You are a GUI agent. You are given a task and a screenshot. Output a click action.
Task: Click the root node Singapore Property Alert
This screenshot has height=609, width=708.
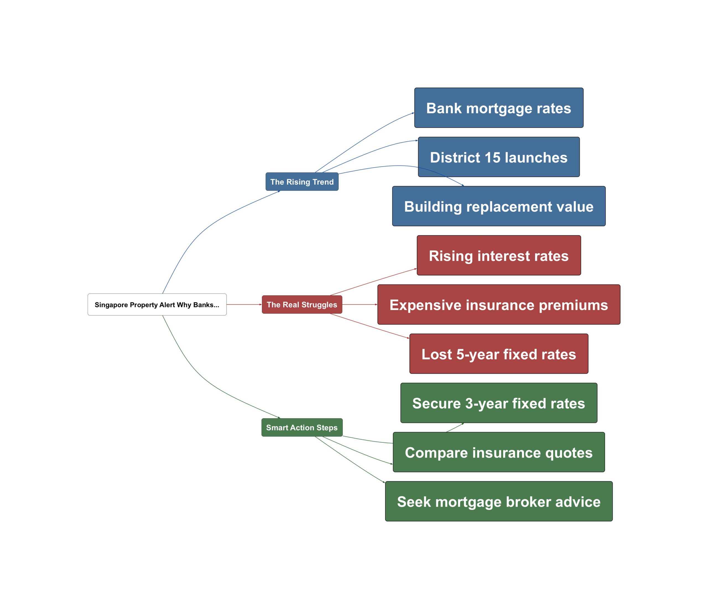[157, 304]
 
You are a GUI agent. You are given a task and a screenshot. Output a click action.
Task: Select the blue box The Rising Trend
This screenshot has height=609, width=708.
[302, 182]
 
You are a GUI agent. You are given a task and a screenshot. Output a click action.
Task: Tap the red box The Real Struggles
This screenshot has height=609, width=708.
[302, 304]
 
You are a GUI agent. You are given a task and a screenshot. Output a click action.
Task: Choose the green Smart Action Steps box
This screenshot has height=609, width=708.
[302, 427]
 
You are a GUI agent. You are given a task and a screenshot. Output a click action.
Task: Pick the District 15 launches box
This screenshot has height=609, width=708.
[499, 157]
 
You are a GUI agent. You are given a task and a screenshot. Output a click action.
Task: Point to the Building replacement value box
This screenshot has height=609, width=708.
[499, 206]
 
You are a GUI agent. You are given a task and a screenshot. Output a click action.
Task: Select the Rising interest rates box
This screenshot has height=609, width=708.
[499, 255]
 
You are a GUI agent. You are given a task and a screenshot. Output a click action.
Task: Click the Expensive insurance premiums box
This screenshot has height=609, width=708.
[499, 305]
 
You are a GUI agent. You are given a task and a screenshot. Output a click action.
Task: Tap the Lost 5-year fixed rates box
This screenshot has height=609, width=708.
[499, 354]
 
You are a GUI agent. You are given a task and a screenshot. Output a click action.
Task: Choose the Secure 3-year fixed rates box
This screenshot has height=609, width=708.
[499, 403]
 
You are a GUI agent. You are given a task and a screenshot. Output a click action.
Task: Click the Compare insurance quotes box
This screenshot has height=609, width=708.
[499, 452]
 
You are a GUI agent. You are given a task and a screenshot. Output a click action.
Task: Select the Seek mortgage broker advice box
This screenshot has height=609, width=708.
[499, 502]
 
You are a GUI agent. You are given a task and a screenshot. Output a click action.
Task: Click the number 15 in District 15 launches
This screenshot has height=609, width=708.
[492, 157]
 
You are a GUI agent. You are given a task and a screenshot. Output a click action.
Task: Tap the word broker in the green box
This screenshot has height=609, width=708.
[528, 502]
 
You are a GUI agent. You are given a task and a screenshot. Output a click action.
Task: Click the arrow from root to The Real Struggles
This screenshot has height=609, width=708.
[244, 304]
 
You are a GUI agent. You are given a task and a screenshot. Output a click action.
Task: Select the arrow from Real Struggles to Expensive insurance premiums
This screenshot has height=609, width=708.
[360, 304]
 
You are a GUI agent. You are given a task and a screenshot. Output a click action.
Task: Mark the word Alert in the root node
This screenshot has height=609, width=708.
[167, 305]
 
